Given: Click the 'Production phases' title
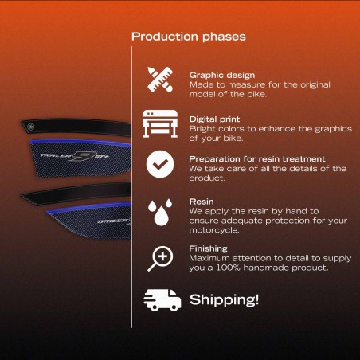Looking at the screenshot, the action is [x=189, y=37].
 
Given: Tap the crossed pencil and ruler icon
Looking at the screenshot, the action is [x=160, y=80].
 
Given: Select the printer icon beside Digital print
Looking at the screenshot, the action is [x=160, y=123].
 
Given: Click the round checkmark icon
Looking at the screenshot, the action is [x=160, y=164].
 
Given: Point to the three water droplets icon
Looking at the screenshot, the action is [x=160, y=212].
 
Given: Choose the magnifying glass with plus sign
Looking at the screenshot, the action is [x=160, y=259].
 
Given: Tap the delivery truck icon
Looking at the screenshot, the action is [x=162, y=300].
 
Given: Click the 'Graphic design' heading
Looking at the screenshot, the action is [x=222, y=76].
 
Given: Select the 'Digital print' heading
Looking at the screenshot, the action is [x=214, y=119].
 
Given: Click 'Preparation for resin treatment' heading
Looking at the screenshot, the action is [x=257, y=159].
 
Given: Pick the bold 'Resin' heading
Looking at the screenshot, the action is [x=202, y=202].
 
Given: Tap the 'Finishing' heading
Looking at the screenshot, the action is [x=208, y=248].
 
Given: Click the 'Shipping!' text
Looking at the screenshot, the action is [x=224, y=299].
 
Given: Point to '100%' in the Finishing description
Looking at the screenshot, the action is [x=228, y=268].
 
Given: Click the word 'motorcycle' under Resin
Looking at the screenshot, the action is [x=213, y=230].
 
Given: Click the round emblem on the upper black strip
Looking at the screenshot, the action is [x=31, y=127].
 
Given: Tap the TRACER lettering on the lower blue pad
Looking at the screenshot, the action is [x=113, y=221].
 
